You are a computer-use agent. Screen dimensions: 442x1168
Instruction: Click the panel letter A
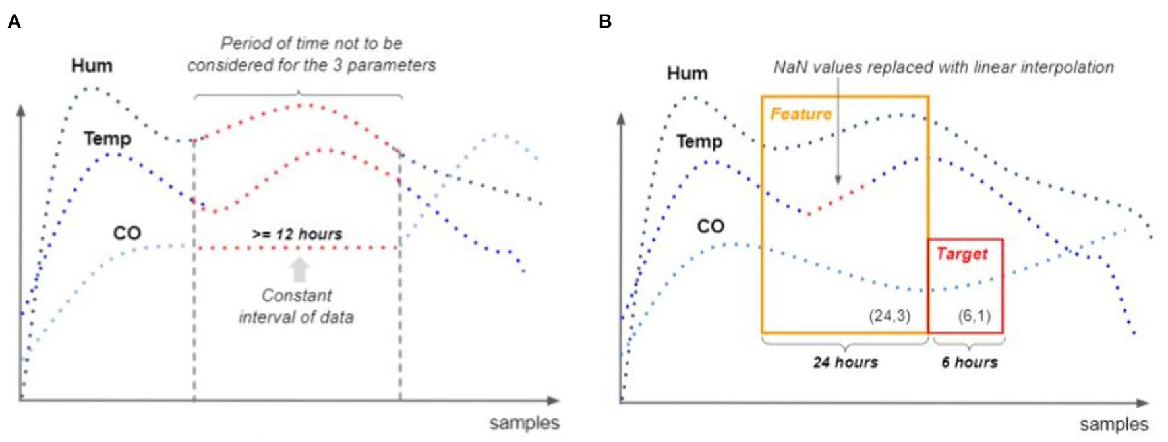[x=14, y=22]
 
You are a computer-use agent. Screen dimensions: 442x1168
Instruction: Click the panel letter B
[x=605, y=22]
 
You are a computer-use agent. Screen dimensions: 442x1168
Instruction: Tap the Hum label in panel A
[x=92, y=66]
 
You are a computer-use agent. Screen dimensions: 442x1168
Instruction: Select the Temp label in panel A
[x=107, y=139]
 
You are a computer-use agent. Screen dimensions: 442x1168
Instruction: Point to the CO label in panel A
[x=127, y=233]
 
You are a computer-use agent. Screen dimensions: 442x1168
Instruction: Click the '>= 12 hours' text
[x=297, y=234]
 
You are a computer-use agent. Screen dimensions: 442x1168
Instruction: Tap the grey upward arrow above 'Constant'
[x=299, y=270]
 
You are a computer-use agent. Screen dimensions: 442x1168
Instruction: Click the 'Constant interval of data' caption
[x=296, y=306]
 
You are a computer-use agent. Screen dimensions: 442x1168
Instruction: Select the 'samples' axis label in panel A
[x=524, y=423]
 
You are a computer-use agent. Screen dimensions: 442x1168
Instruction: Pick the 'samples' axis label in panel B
[x=1113, y=424]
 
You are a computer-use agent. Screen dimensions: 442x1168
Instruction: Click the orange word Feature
[x=801, y=114]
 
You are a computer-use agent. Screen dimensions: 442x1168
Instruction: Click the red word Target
[x=962, y=254]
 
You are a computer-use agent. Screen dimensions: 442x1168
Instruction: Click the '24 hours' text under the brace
[x=845, y=362]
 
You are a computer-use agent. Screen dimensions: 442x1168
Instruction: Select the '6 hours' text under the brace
[x=969, y=362]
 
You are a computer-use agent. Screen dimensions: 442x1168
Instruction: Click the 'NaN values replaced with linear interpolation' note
[x=943, y=67]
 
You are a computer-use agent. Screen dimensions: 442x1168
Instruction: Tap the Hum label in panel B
[x=687, y=73]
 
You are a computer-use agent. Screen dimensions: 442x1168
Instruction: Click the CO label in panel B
[x=711, y=226]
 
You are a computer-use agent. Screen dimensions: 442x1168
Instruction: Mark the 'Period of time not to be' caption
[x=311, y=44]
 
